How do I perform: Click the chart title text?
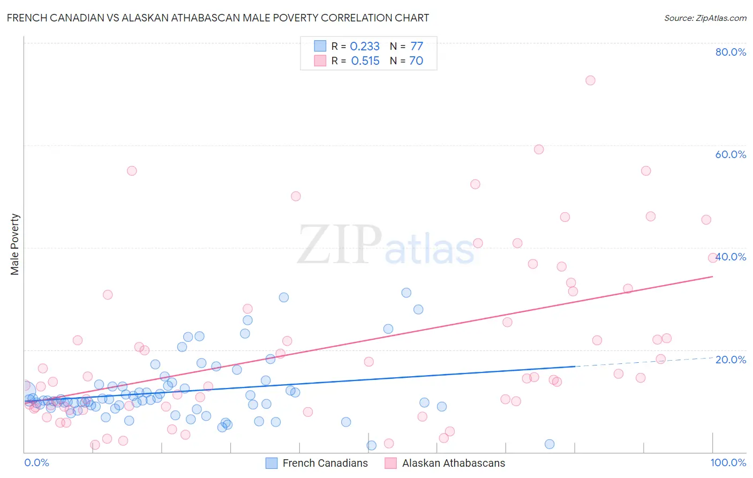click(x=217, y=18)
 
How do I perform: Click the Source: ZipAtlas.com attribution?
click(x=705, y=18)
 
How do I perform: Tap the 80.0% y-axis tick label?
click(x=731, y=52)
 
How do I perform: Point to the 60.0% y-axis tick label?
click(x=731, y=154)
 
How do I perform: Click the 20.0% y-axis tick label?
click(x=731, y=360)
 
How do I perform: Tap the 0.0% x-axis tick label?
click(x=36, y=462)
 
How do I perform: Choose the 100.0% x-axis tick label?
click(x=728, y=462)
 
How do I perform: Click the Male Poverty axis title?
click(x=15, y=244)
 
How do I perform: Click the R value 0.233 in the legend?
click(x=365, y=47)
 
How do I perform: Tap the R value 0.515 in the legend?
click(x=365, y=61)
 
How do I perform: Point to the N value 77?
click(x=417, y=47)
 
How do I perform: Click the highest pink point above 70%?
click(x=590, y=80)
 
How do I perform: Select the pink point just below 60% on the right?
click(x=539, y=150)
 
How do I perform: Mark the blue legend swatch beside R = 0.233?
click(x=320, y=46)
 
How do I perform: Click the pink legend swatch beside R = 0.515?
click(x=320, y=61)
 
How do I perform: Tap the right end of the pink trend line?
click(x=712, y=277)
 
